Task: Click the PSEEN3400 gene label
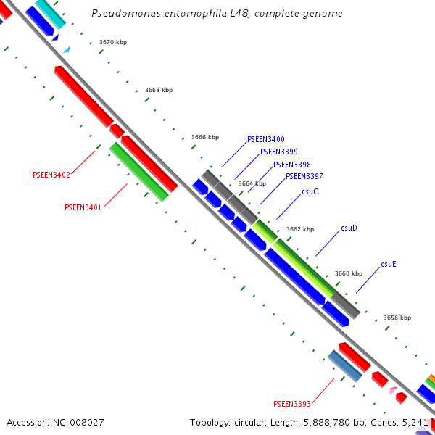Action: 265,139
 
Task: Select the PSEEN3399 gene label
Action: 278,152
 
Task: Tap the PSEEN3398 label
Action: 291,165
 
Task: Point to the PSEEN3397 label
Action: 304,176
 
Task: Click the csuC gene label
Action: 310,191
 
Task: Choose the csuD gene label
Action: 349,228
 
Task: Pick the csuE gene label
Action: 389,264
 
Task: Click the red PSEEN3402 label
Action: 51,175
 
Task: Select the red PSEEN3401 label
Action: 83,207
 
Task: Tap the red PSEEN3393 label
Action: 291,404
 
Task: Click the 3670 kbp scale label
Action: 113,43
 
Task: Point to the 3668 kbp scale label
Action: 159,90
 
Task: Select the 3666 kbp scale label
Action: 205,137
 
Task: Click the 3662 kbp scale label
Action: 300,229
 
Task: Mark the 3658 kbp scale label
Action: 397,318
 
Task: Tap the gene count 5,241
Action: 418,422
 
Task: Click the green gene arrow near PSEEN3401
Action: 138,171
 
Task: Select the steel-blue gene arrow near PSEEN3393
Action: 344,365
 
